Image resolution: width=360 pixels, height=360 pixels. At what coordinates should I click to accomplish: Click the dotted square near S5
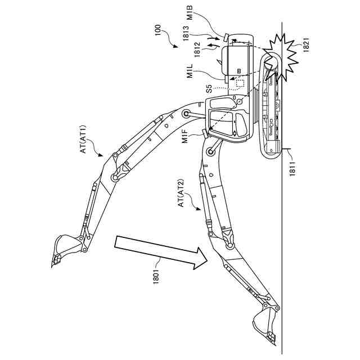(x=241, y=83)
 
